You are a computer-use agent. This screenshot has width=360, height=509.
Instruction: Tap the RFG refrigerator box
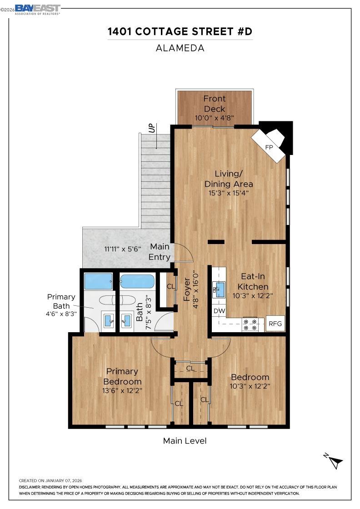pos(275,324)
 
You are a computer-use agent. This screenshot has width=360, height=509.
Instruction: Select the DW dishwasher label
pos(219,311)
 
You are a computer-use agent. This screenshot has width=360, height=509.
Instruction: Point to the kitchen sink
pos(219,289)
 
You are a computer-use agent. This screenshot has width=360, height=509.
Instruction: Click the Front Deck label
pos(215,104)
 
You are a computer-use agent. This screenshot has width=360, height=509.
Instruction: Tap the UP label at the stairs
pos(152,129)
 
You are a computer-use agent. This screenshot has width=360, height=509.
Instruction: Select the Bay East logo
pos(37,10)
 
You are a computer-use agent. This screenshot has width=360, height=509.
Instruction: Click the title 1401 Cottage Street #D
pos(180,31)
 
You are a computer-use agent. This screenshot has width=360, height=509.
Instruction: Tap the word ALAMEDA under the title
pos(180,48)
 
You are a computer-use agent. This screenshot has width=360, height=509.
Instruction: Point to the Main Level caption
pos(185,441)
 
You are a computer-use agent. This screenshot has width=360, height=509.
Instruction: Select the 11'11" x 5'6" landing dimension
pos(123,249)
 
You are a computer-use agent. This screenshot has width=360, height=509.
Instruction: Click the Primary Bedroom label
pos(122,376)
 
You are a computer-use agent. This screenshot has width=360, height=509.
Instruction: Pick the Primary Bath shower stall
pos(99,281)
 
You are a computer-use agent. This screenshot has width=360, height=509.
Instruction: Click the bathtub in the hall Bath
pos(137,281)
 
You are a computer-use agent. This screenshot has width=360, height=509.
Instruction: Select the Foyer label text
pos(187,289)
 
